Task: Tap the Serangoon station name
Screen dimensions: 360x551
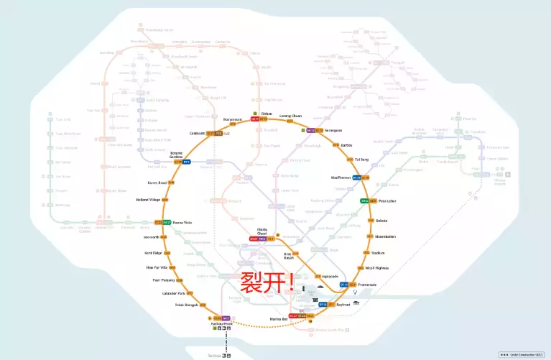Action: pos(333,130)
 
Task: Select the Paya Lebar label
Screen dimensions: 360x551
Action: pos(388,200)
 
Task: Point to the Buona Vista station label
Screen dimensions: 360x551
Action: pos(182,222)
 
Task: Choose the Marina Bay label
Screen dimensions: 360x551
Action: pos(279,318)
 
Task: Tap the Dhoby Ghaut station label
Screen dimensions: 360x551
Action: pos(262,231)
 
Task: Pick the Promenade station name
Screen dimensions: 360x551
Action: pos(368,285)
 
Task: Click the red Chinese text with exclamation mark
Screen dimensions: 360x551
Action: pos(267,281)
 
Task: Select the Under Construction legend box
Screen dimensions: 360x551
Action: pos(522,354)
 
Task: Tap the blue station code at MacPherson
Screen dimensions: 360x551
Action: pos(356,177)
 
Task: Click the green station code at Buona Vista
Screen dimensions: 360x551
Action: pos(166,222)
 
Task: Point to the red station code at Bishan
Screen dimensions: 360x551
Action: pos(255,119)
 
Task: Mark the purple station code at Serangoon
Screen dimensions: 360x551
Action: pos(310,130)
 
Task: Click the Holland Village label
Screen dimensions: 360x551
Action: pos(148,200)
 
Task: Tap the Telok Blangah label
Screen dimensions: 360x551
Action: pos(186,305)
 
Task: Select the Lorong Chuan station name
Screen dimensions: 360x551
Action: pos(290,115)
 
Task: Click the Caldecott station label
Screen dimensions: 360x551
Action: pos(198,133)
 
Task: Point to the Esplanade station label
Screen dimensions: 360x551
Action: pos(330,276)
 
